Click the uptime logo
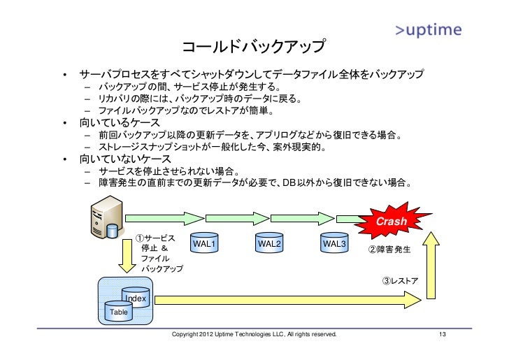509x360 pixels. coord(427,30)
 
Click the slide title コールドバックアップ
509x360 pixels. coord(253,48)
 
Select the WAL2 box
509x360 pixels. coord(269,243)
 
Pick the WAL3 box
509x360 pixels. coord(334,243)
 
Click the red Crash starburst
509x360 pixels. coord(391,221)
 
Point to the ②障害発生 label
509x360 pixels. coord(389,250)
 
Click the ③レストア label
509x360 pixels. coord(400,280)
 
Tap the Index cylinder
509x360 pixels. coord(136,296)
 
